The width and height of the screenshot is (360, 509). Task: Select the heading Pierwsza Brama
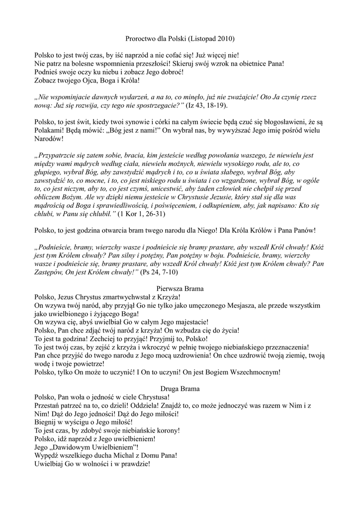click(180, 288)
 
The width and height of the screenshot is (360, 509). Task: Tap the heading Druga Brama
click(180, 388)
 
